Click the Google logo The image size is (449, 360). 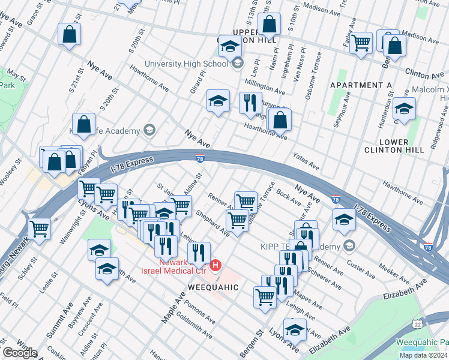20,353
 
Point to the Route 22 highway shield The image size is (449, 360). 417,324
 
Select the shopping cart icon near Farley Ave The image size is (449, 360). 360,43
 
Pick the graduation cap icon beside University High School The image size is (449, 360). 229,46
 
